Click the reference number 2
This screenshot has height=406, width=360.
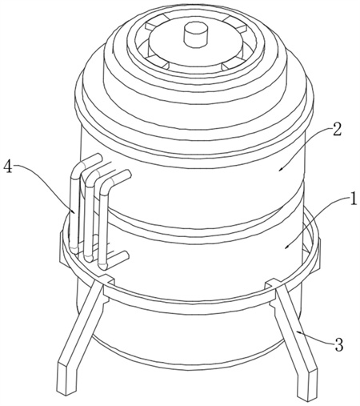(336, 130)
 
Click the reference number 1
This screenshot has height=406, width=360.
(354, 199)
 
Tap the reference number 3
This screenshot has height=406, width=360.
(338, 345)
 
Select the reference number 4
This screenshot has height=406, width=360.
(8, 167)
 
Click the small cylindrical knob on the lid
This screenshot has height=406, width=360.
(195, 35)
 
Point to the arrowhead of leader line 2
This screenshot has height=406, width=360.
(281, 169)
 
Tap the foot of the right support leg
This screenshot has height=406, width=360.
(306, 383)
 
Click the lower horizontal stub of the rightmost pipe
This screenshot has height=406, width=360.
(115, 259)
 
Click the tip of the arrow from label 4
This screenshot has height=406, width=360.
(74, 213)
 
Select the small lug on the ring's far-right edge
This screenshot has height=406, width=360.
(318, 254)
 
